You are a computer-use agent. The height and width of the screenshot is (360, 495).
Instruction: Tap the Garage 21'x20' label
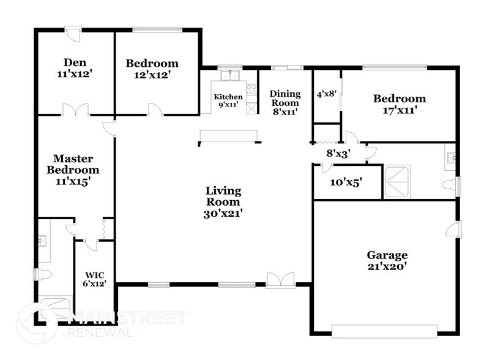(x=387, y=261)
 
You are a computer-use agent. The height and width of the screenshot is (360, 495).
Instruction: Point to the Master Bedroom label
(x=73, y=163)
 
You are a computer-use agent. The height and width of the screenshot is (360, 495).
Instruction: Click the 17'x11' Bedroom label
(x=400, y=104)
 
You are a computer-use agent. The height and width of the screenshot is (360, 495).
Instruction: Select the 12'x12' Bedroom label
(x=152, y=69)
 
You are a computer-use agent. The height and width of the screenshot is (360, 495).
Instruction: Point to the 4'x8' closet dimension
(x=326, y=95)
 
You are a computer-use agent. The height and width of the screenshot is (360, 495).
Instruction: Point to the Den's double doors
(x=73, y=110)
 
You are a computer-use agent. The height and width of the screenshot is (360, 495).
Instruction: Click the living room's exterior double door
(x=280, y=281)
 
